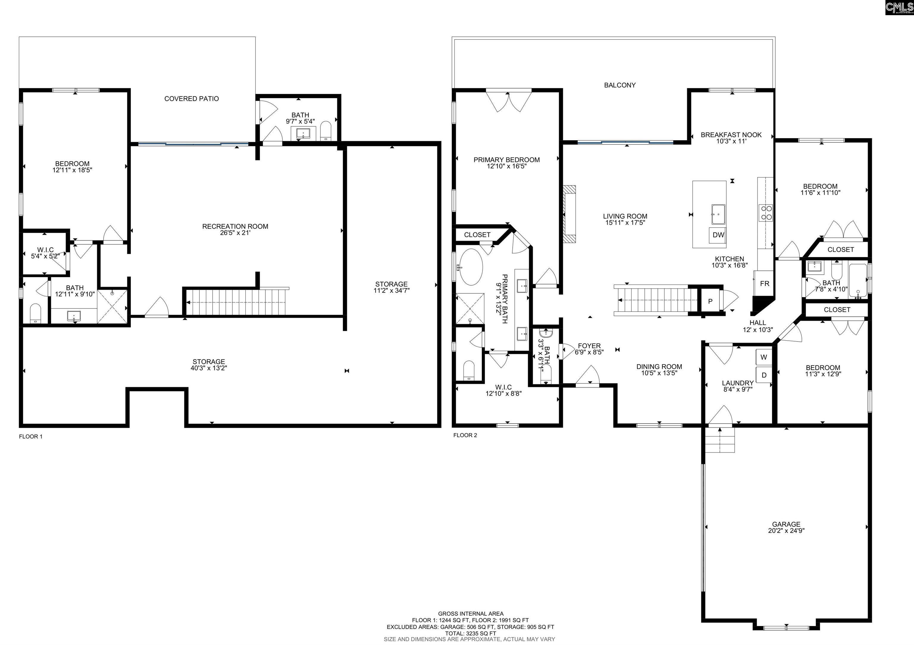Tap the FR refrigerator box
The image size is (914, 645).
click(764, 284)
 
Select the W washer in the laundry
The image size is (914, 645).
click(763, 357)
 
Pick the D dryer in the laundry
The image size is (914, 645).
click(763, 375)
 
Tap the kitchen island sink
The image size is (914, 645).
click(718, 215)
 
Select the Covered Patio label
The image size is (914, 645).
click(192, 99)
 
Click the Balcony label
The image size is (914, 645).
click(620, 85)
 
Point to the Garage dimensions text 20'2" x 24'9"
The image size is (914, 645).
click(786, 531)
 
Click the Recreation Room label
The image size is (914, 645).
click(235, 226)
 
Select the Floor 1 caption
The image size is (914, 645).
click(31, 437)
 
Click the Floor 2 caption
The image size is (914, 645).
click(465, 435)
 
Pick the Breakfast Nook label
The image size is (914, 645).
click(731, 135)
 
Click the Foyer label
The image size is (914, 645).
click(589, 346)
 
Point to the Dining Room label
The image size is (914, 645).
click(659, 367)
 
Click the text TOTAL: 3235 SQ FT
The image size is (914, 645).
click(470, 633)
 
